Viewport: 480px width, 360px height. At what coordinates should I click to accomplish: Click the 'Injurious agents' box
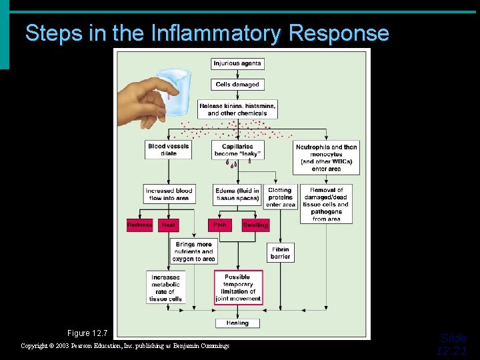pos(237,64)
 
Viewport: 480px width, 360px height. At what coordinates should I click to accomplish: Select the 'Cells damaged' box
pos(237,85)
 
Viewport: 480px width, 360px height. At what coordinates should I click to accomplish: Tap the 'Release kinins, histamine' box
pos(237,109)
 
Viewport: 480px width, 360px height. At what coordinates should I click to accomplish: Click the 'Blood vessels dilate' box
pos(168,150)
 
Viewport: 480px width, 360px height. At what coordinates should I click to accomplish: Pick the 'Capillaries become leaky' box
pos(237,150)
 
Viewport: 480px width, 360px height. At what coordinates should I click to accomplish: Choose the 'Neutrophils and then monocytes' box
pos(327,158)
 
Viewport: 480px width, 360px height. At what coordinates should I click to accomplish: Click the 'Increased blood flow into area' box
pos(169,194)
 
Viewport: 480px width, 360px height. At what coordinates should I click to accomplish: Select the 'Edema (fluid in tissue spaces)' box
pos(237,194)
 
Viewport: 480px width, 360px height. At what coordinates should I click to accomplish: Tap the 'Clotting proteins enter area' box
pos(280,197)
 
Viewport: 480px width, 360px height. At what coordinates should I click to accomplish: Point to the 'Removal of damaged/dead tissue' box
pos(327,204)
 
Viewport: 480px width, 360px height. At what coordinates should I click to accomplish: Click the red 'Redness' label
pos(140,225)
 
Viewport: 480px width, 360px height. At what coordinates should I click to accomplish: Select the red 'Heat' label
pos(169,225)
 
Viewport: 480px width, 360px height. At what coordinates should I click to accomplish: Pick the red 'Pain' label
pos(220,225)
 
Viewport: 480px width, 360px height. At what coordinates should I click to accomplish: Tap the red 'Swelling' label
pos(255,225)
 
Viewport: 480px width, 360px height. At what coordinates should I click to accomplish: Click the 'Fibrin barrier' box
pos(280,253)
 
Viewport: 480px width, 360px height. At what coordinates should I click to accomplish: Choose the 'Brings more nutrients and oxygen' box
pos(194,251)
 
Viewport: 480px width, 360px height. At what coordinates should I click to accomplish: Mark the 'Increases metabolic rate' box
pos(165,287)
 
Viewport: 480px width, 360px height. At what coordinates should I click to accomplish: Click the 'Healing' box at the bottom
pos(237,323)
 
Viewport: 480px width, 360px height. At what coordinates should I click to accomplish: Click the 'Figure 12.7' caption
pos(87,333)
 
